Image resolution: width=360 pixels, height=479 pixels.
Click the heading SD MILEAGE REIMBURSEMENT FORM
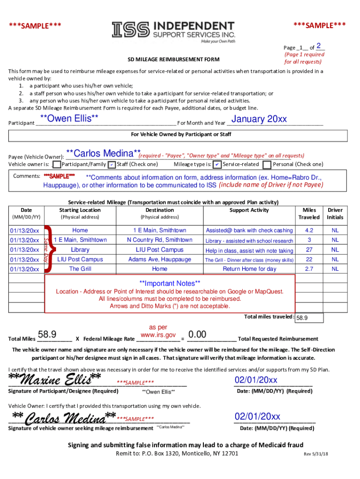coord(173,60)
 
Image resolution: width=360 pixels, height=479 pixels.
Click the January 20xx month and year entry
coord(259,119)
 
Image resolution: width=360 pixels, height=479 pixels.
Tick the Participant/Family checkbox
coord(57,165)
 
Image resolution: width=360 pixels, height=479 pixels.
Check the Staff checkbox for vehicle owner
coord(112,165)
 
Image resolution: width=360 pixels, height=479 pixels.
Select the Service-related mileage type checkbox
coord(217,165)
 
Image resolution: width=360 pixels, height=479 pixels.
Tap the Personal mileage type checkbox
coord(267,165)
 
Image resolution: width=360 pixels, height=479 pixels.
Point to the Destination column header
coord(159,210)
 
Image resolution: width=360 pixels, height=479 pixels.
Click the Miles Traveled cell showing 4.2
coord(309,230)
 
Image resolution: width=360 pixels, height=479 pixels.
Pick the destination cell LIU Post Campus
coord(159,250)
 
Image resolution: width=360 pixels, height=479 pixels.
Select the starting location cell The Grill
coord(80,269)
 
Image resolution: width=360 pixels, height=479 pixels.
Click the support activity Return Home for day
coord(249,269)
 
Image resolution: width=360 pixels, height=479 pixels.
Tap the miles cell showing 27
coord(309,250)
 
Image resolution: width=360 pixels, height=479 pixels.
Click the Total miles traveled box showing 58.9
coord(309,318)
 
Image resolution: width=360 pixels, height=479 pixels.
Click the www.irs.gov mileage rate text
coord(158,335)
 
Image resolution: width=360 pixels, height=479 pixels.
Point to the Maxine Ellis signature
coord(55,378)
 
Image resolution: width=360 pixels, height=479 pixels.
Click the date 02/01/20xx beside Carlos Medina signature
coord(257,416)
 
